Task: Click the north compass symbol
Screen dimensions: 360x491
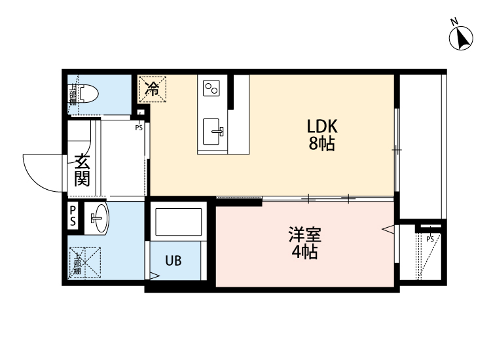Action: (462, 37)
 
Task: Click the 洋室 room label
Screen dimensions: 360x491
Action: (305, 234)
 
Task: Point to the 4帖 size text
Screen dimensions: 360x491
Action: (304, 253)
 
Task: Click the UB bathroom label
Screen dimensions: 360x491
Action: (173, 261)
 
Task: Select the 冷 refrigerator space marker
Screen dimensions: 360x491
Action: (153, 88)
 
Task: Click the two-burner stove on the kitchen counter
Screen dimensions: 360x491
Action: (212, 88)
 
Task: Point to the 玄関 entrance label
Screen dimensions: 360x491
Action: (82, 170)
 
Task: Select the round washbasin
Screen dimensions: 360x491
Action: (98, 218)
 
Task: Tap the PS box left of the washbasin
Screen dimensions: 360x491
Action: (73, 216)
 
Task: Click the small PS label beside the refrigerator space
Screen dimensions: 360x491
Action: (139, 128)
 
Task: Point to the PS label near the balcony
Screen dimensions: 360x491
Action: (430, 239)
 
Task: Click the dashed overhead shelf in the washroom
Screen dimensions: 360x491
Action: (85, 262)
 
